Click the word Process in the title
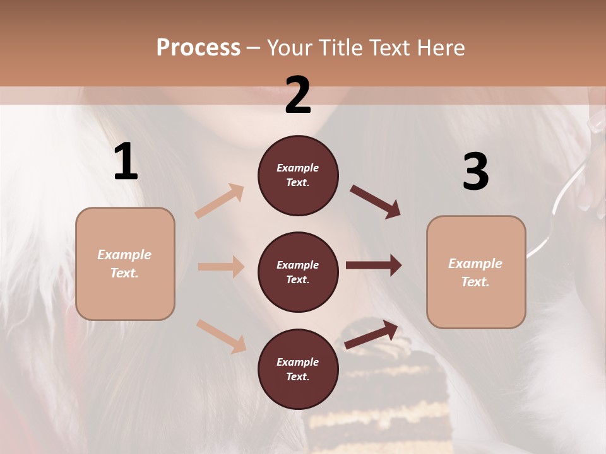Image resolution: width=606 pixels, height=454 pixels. tap(198, 48)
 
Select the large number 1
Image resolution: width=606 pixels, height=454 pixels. tap(126, 162)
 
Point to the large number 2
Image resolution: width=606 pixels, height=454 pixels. tap(298, 95)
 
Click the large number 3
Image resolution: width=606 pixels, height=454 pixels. tap(475, 172)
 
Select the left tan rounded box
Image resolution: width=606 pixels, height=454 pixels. tap(125, 264)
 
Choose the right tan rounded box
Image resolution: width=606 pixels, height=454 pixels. tap(476, 272)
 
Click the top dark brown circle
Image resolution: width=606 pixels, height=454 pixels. tap(298, 175)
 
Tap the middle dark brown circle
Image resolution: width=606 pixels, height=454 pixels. tap(298, 272)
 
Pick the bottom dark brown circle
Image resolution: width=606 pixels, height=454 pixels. tap(298, 369)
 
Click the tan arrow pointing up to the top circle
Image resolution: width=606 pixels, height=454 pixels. tap(220, 201)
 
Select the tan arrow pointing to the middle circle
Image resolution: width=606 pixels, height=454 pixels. tap(221, 267)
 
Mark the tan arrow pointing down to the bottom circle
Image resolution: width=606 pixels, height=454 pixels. tap(221, 336)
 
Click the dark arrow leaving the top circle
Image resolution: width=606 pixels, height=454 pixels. tap(376, 202)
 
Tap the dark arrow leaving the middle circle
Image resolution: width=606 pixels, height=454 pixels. tap(374, 265)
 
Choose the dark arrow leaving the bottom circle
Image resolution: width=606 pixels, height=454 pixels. tap(371, 334)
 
